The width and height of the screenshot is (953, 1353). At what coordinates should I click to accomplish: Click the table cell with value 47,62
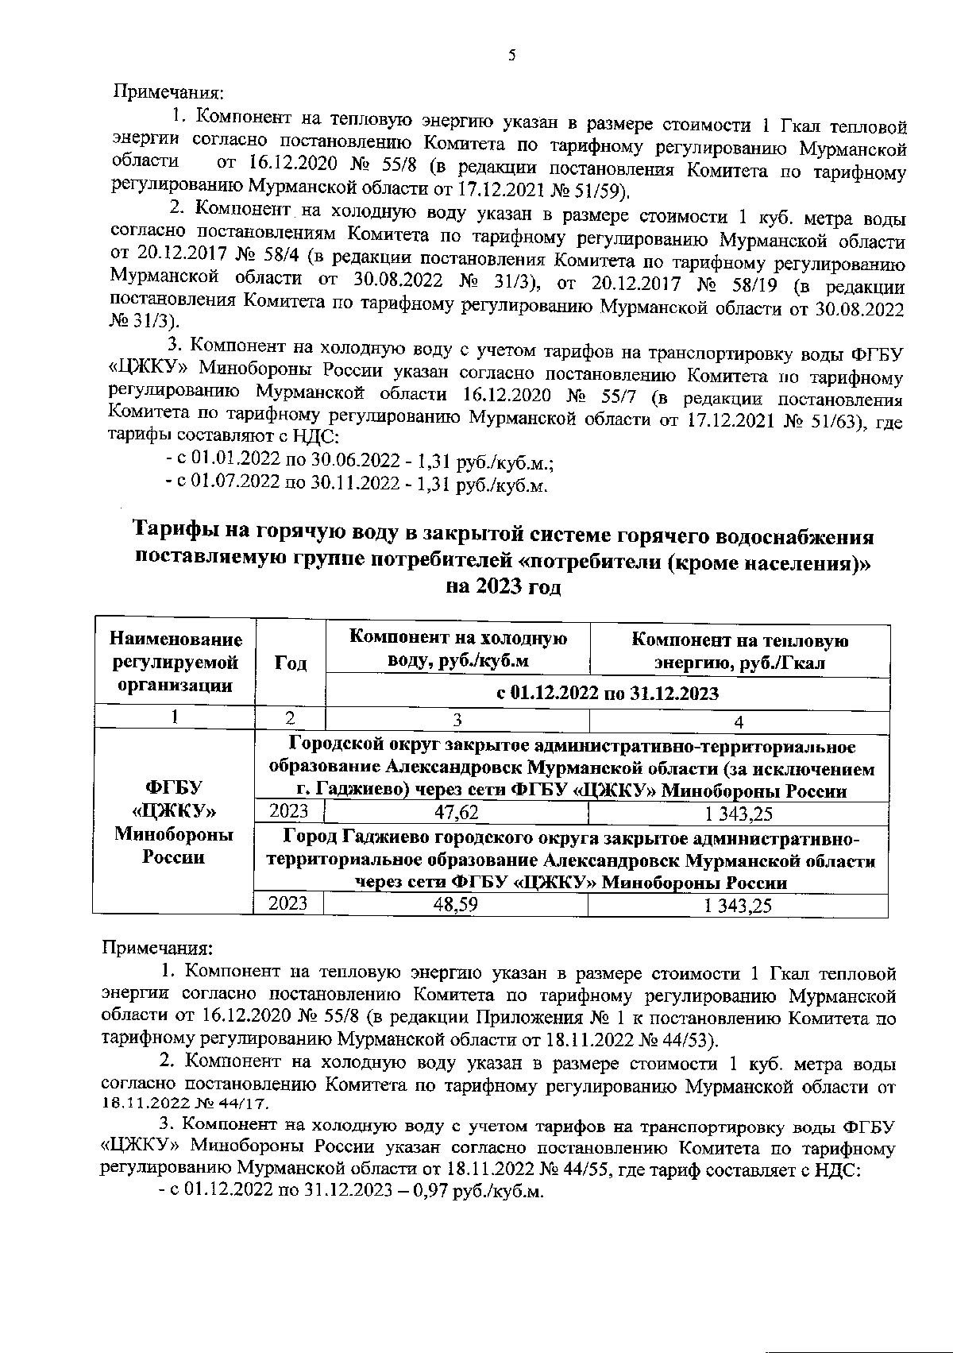(x=456, y=813)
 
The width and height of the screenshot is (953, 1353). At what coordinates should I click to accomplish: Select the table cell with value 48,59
(x=456, y=905)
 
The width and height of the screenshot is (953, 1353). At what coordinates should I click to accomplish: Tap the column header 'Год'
(x=291, y=663)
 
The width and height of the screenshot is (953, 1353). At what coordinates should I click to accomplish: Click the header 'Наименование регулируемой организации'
(x=176, y=663)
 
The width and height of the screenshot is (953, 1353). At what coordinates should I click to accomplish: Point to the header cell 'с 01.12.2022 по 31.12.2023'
(x=608, y=693)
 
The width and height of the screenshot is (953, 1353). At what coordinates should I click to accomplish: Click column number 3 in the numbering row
(x=457, y=721)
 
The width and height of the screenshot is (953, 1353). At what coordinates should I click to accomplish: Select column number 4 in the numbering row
(x=739, y=721)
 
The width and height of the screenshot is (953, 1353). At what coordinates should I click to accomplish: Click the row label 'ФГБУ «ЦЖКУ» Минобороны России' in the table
(x=173, y=822)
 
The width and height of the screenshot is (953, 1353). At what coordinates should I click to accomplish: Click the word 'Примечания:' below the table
(x=157, y=949)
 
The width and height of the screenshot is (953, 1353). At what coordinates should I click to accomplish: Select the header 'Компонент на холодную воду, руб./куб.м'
(x=457, y=649)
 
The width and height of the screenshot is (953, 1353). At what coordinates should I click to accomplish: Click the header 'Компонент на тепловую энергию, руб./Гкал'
(x=739, y=651)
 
